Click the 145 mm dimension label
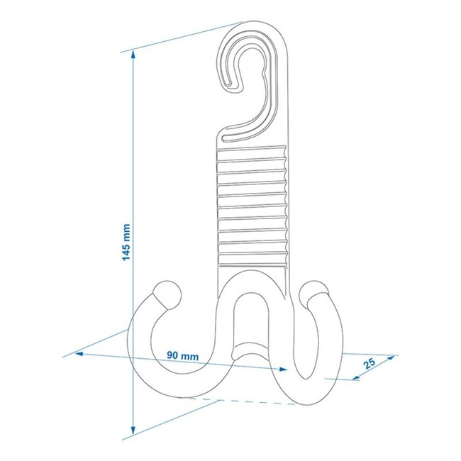126,241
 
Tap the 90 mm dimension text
182,354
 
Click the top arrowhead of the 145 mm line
133,56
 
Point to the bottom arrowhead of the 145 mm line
133,432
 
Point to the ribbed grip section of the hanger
252,206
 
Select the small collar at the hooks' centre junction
252,348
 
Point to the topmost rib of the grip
252,153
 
